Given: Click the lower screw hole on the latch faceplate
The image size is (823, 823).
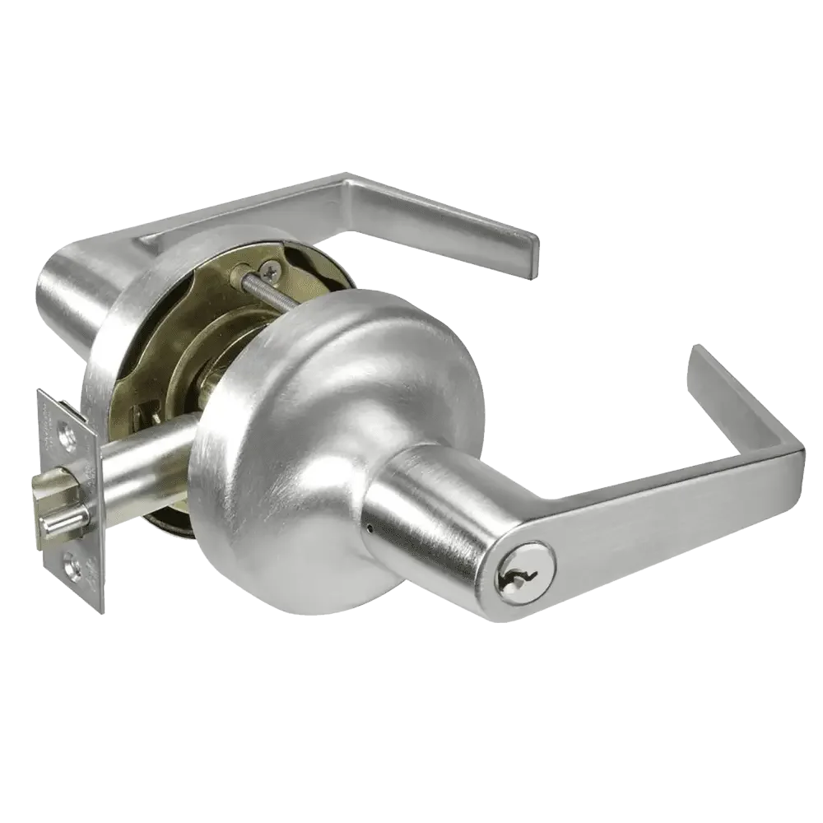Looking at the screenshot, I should pos(84,567).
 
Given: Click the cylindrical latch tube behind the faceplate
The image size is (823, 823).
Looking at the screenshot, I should pos(148,461).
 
